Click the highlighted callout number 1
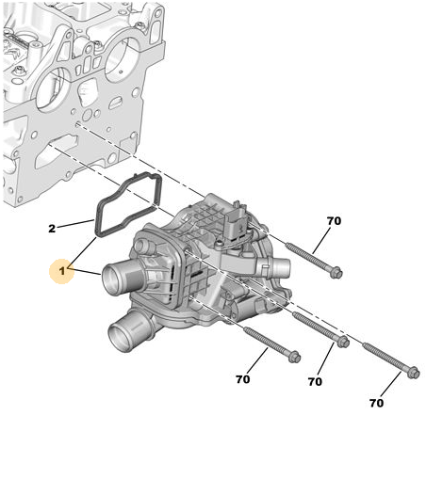click(62, 271)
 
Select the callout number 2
click(52, 229)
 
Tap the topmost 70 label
click(334, 221)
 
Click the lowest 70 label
click(376, 403)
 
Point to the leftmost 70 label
click(242, 379)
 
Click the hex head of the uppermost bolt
click(336, 272)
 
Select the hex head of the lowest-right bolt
click(414, 373)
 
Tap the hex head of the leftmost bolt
click(294, 357)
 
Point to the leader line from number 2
click(75, 223)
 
